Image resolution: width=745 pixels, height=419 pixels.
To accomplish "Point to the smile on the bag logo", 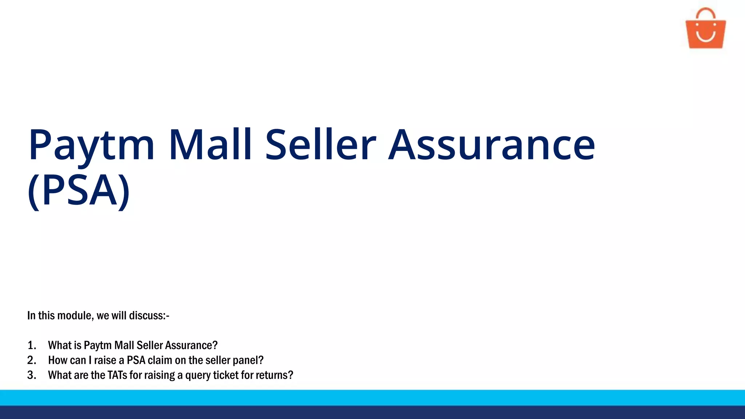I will tap(706, 36).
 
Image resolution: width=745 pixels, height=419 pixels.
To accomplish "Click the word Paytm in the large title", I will tap(91, 145).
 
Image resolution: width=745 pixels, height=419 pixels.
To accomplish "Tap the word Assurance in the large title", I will tap(491, 145).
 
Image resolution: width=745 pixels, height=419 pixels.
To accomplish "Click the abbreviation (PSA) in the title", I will tap(79, 191).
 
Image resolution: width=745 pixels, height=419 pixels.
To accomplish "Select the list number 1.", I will tap(32, 345).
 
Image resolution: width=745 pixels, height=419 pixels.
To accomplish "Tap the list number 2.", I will tap(32, 360).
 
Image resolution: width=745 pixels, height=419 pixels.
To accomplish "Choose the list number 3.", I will tap(32, 375).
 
